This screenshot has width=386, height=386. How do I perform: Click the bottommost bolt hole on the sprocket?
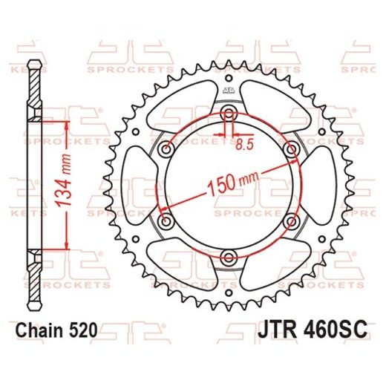(x=229, y=258)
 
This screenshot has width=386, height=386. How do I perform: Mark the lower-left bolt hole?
(x=166, y=221)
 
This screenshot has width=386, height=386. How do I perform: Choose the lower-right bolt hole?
(x=292, y=221)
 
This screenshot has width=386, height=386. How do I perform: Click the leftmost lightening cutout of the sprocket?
(x=140, y=185)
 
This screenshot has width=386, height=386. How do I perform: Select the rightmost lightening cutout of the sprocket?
(x=319, y=185)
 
